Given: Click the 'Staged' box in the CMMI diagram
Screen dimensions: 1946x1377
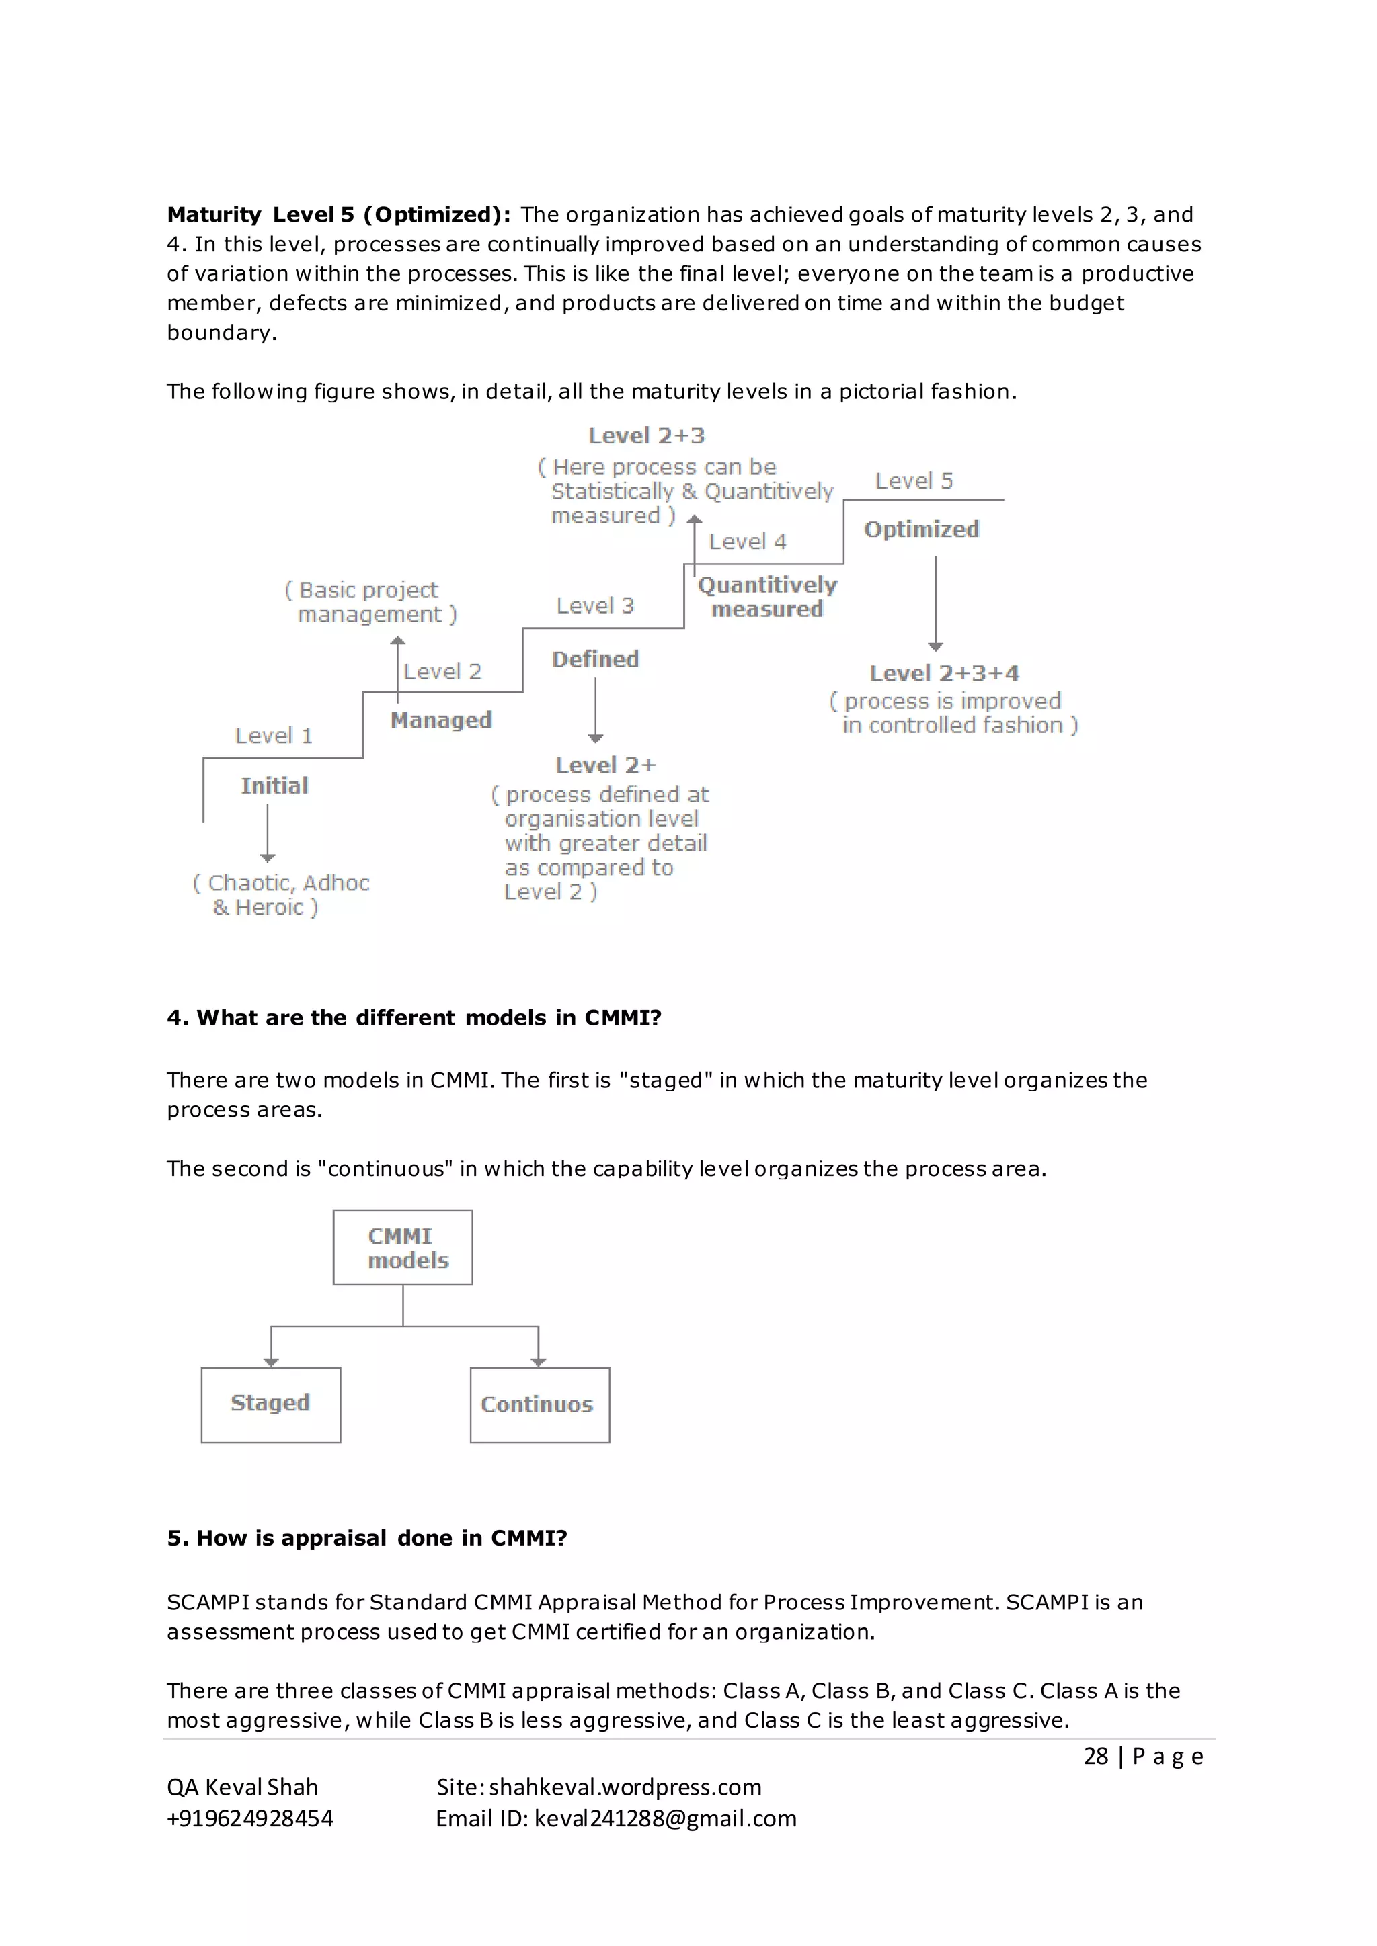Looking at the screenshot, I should pos(270,1404).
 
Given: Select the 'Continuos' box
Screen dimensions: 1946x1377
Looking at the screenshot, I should pos(539,1405).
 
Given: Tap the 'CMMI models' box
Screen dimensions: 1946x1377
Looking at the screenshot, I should pos(402,1248).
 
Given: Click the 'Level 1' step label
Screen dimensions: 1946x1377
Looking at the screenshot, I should pos(274,736).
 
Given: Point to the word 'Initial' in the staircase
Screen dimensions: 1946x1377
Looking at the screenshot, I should pos(274,786).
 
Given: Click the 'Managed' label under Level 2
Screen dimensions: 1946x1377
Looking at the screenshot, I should pos(441,720).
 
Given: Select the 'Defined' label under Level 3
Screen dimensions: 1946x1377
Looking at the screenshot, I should pos(595,659).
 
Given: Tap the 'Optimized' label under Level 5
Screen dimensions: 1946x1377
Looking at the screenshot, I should pos(922,530).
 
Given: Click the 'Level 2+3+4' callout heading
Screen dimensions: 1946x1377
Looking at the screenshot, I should pos(944,674).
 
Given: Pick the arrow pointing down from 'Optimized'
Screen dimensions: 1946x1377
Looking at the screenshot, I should pos(935,603).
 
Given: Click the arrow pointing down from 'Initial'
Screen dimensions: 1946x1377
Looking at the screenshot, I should pos(268,833).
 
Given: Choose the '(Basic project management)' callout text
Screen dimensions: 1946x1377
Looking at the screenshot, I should pos(370,602).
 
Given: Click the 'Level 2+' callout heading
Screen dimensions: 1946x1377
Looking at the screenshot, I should pos(605,765).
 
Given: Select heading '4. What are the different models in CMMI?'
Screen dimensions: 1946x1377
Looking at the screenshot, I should pos(414,1018).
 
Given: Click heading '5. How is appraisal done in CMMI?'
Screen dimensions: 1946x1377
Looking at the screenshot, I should pos(366,1538).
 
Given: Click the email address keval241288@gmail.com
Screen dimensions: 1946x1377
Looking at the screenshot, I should pos(665,1819).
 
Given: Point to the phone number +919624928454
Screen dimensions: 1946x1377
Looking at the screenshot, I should pos(250,1819).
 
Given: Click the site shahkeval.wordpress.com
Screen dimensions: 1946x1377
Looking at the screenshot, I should pos(625,1787).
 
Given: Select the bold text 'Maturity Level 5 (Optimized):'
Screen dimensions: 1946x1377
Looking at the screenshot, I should pos(338,215).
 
